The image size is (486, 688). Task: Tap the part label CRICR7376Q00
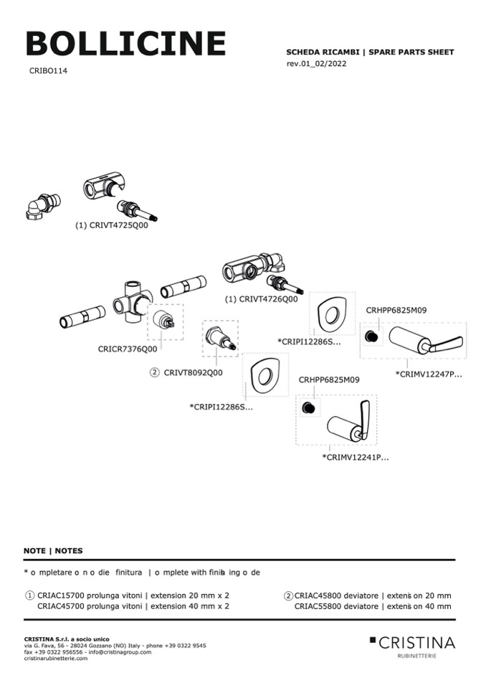click(128, 349)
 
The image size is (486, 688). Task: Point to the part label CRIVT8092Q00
click(193, 372)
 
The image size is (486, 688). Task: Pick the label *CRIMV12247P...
click(429, 374)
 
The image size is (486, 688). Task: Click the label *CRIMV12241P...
click(356, 457)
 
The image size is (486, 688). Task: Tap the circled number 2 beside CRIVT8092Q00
click(154, 372)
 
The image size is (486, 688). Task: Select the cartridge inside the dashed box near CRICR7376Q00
click(165, 321)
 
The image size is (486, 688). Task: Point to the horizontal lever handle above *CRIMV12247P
click(424, 339)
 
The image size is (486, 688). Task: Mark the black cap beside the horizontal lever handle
click(372, 336)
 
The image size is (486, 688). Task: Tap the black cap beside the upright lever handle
click(309, 407)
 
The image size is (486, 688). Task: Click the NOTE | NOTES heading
click(53, 551)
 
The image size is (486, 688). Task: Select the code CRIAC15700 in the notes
click(61, 595)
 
